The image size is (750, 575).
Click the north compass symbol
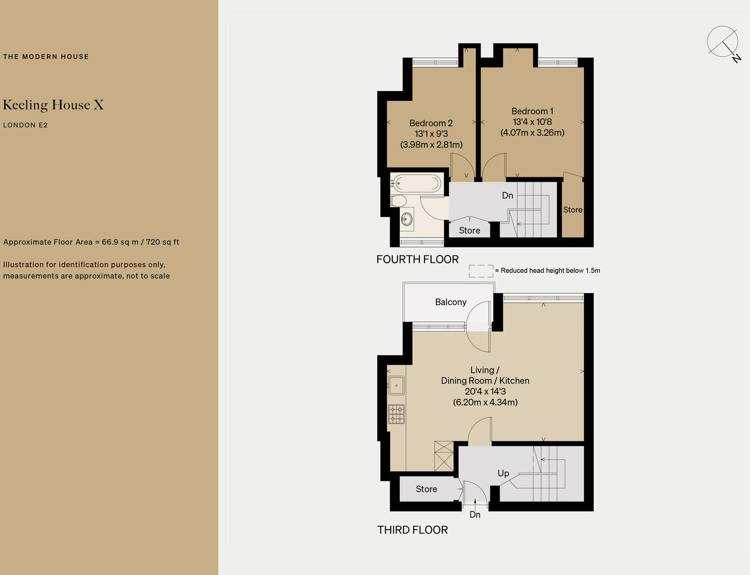pyautogui.click(x=723, y=42)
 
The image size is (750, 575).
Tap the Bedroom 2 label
pyautogui.click(x=430, y=123)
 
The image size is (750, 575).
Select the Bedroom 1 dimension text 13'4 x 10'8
pyautogui.click(x=532, y=122)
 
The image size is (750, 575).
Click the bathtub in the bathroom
pyautogui.click(x=415, y=183)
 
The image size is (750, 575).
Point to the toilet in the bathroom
pyautogui.click(x=399, y=201)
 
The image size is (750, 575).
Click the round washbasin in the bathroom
pyautogui.click(x=407, y=219)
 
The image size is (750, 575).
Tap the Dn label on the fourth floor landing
pyautogui.click(x=508, y=196)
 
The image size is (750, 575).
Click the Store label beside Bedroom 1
pyautogui.click(x=573, y=210)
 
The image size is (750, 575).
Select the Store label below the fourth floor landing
pyautogui.click(x=469, y=231)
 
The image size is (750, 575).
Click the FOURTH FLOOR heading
pyautogui.click(x=418, y=259)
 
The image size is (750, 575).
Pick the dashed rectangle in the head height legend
pyautogui.click(x=481, y=271)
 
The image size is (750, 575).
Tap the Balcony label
pyautogui.click(x=450, y=302)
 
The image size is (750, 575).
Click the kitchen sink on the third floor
pyautogui.click(x=397, y=385)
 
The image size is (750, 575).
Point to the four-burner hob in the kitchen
pyautogui.click(x=397, y=414)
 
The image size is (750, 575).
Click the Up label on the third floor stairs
pyautogui.click(x=503, y=473)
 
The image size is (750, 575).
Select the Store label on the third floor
pyautogui.click(x=426, y=489)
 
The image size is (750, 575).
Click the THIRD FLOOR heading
pyautogui.click(x=412, y=530)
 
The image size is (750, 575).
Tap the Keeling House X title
pyautogui.click(x=53, y=105)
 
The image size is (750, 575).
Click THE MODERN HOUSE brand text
pyautogui.click(x=46, y=57)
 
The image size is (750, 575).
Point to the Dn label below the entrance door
pyautogui.click(x=475, y=515)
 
